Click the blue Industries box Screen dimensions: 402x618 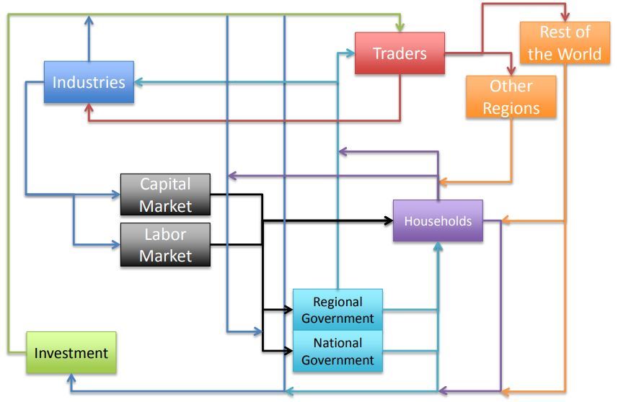tap(89, 81)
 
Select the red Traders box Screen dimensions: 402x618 tap(400, 53)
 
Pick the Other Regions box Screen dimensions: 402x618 tap(511, 97)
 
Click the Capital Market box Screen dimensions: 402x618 tap(165, 195)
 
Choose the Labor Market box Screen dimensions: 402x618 tap(165, 245)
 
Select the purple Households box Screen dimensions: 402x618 tap(438, 221)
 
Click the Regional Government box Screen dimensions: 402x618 tap(337, 310)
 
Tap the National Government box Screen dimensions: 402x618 tap(337, 351)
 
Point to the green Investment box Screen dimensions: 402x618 tap(71, 353)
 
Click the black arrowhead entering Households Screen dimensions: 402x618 tap(387, 221)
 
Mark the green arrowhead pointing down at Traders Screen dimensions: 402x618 tap(399, 27)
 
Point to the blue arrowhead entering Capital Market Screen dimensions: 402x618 tap(115, 195)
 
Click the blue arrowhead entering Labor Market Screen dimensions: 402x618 tap(115, 245)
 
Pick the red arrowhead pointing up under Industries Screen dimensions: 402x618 tap(89, 109)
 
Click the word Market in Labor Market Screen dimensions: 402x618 tap(165, 255)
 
